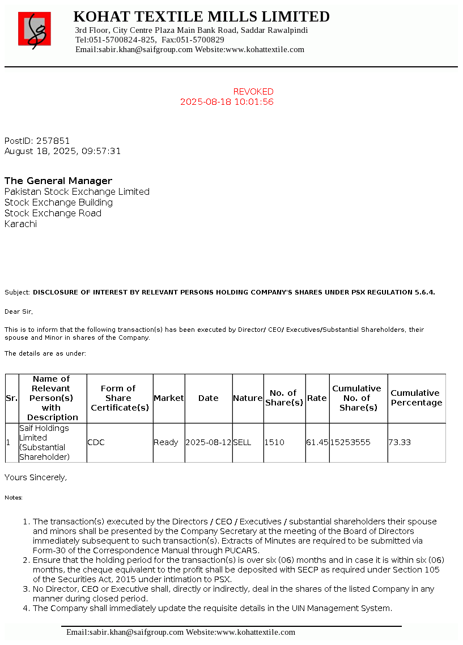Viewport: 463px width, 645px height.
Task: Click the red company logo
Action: [34, 29]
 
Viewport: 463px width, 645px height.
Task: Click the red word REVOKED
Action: [253, 92]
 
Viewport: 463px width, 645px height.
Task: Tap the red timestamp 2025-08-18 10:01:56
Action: [227, 102]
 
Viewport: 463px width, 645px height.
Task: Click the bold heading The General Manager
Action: [58, 181]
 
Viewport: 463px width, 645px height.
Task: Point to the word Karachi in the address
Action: [20, 224]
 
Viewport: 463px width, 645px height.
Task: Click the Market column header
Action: [169, 398]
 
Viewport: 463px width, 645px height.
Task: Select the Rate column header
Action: [317, 398]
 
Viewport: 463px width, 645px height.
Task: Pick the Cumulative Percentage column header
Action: [416, 398]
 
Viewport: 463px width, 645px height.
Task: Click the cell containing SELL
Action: [242, 442]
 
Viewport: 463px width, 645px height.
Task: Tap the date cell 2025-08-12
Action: [209, 442]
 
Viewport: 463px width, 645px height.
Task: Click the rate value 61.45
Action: [317, 442]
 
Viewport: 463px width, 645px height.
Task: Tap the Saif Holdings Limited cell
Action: [44, 442]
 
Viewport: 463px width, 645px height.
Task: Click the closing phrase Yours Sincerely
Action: [36, 478]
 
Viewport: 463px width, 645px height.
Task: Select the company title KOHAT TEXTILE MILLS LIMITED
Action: [201, 16]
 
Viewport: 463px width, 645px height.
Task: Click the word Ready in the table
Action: [166, 442]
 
